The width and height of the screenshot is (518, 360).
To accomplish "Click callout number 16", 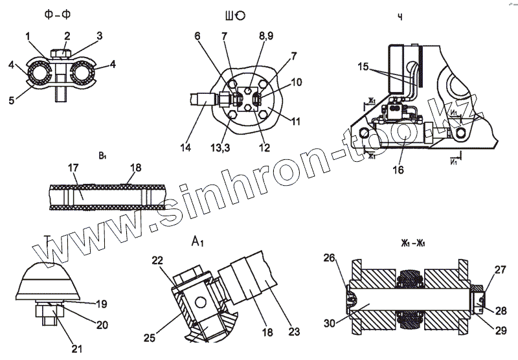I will (398, 170).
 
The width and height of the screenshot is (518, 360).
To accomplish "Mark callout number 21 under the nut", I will (78, 350).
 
